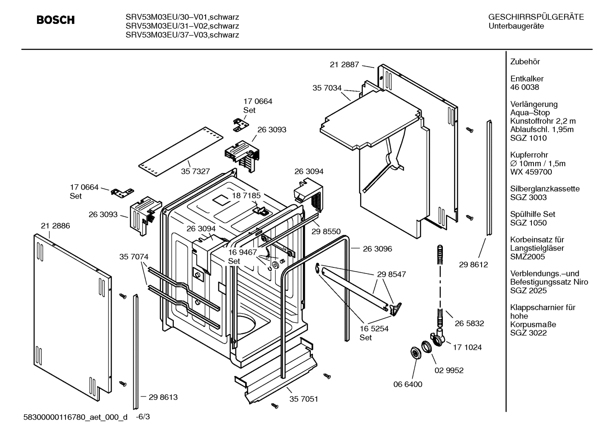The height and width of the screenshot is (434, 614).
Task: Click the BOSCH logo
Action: point(55,20)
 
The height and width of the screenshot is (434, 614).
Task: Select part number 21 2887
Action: point(344,65)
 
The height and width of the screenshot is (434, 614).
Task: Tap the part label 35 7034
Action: point(327,88)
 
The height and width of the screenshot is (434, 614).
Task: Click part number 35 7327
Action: point(195,171)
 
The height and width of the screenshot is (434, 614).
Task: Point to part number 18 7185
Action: point(246,195)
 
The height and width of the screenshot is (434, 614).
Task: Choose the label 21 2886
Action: point(55,226)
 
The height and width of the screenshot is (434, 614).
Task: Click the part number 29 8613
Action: point(163,397)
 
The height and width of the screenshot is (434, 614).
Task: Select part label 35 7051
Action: point(304,399)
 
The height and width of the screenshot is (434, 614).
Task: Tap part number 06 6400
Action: point(407,384)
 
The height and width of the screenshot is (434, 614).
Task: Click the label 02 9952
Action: point(449,370)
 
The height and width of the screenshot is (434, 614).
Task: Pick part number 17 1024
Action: point(467,347)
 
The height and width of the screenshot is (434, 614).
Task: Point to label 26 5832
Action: point(469,323)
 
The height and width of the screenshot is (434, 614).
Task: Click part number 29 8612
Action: point(473,264)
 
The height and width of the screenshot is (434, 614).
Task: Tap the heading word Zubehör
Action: point(525,62)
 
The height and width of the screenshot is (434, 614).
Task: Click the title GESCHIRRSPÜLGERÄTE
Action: point(536,17)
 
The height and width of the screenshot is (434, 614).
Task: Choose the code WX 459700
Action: point(531,172)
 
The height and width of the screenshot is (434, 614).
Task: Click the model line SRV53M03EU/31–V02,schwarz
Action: point(182,26)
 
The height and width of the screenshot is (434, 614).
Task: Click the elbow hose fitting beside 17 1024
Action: point(439,338)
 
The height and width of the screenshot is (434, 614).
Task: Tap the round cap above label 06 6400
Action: point(414,353)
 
